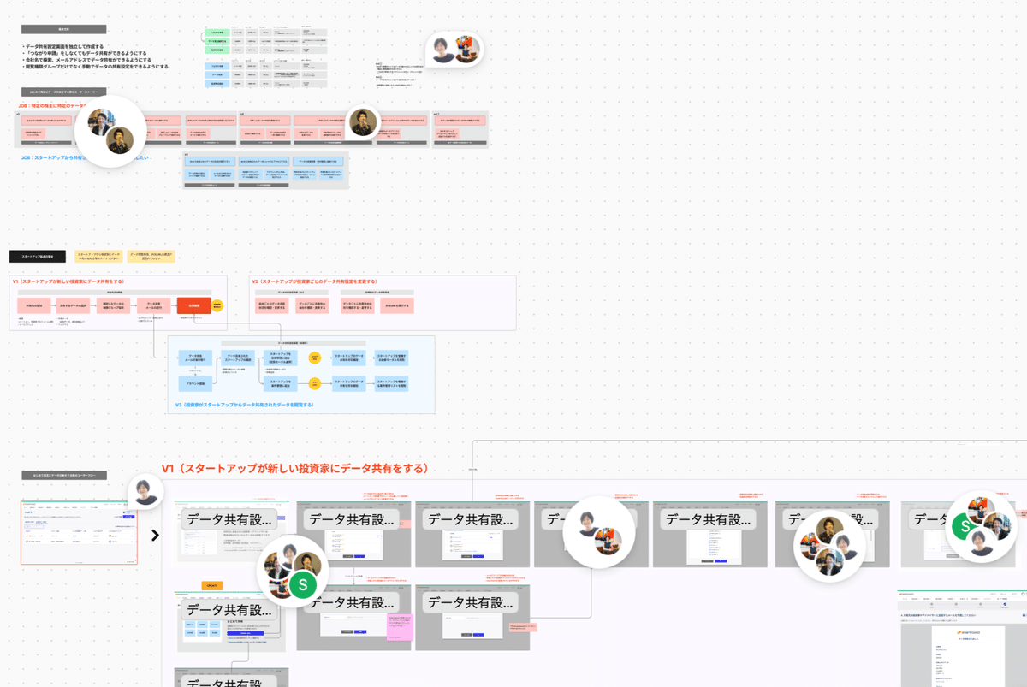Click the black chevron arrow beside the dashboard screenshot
coord(155,536)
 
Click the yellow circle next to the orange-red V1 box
coord(217,305)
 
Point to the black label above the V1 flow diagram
coord(37,256)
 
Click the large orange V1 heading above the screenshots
coord(294,469)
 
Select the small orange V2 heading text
coord(314,281)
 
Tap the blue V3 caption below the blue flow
coord(244,404)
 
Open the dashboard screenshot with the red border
coord(79,533)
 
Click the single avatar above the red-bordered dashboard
coord(145,491)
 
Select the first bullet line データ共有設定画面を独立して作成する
coord(64,46)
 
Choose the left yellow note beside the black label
coord(98,256)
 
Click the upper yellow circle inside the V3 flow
coord(315,358)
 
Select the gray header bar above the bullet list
coord(52,28)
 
